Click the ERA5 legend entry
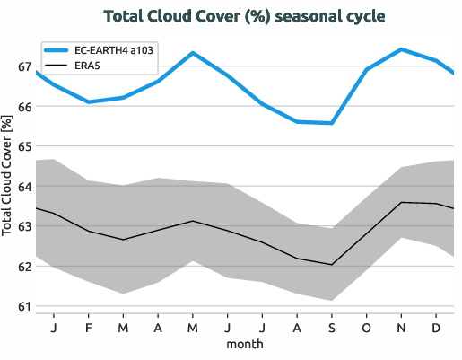(x=86, y=66)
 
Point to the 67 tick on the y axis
(x=23, y=67)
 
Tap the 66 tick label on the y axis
(x=23, y=107)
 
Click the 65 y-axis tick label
(x=23, y=146)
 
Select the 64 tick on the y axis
(x=23, y=187)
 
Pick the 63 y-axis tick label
(x=23, y=226)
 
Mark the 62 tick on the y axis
(x=23, y=267)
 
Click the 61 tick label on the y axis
(x=23, y=306)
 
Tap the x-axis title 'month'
(x=244, y=344)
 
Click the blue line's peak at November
(x=401, y=49)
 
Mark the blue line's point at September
(x=332, y=123)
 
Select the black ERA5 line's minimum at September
(x=332, y=265)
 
